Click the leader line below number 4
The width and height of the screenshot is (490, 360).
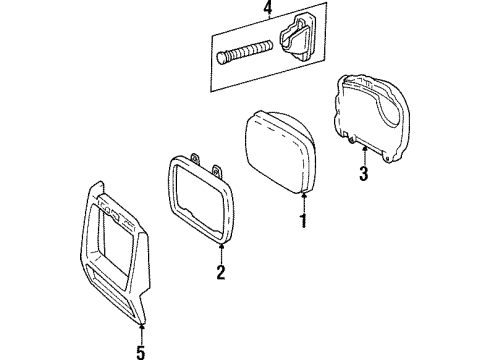[267, 27]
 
